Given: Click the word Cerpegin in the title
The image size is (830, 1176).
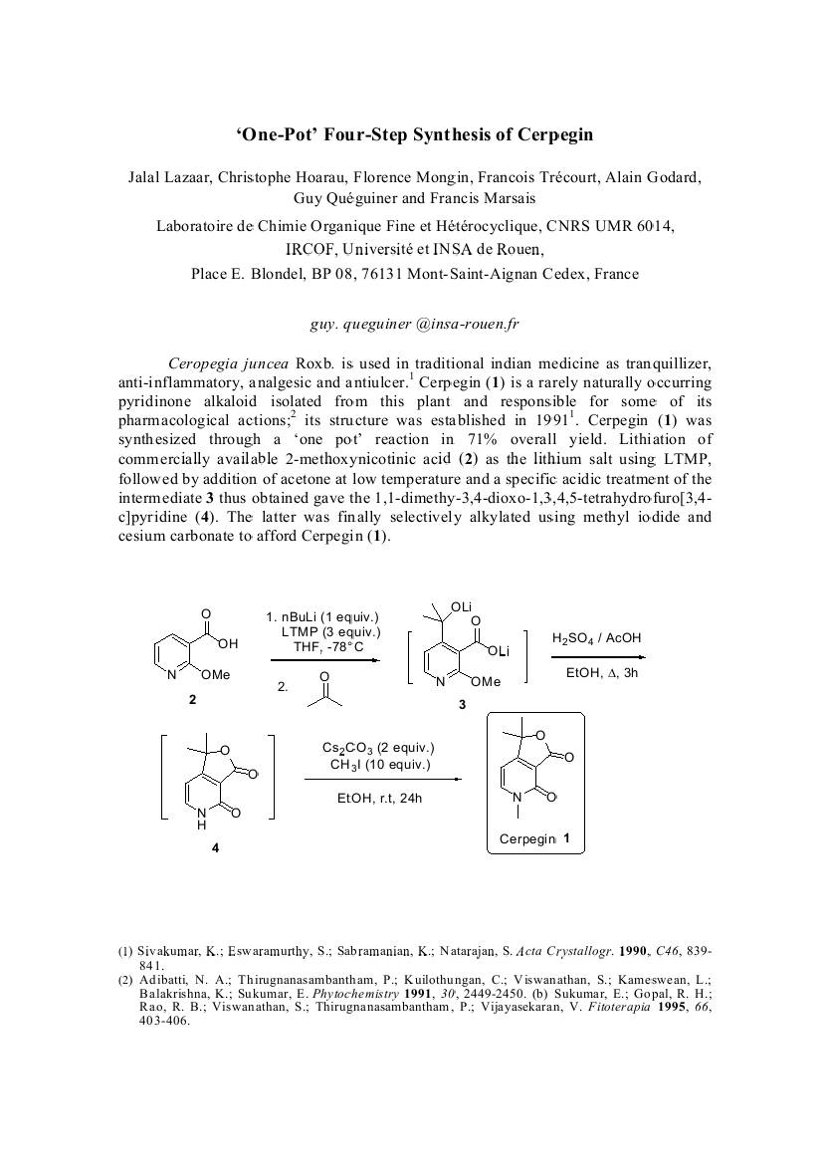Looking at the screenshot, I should click(550, 133).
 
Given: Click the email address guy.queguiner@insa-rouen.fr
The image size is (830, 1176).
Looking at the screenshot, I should click(415, 324).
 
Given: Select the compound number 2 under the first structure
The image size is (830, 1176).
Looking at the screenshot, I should click(192, 700).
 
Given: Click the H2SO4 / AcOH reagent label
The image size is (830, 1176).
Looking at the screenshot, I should click(596, 638).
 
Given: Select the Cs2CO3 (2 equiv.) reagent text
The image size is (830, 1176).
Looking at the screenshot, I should click(378, 748).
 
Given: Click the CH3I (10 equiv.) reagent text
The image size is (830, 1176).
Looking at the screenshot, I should click(380, 765).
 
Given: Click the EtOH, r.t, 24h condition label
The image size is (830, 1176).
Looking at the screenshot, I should click(379, 798).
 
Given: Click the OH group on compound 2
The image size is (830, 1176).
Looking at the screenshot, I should click(227, 643).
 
